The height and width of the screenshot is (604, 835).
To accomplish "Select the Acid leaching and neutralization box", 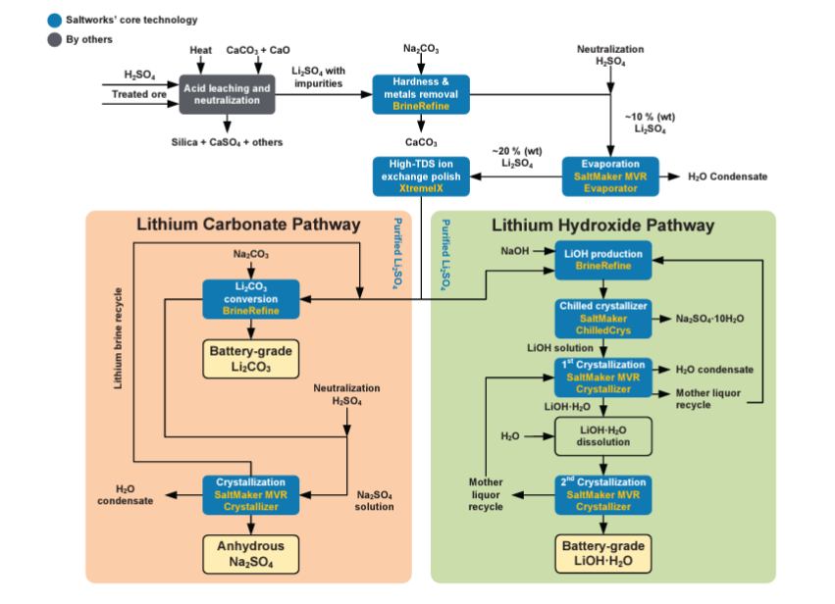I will [x=227, y=94].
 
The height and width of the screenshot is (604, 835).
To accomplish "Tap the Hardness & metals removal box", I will [x=421, y=94].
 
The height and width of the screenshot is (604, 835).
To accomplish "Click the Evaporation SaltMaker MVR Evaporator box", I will [x=611, y=175].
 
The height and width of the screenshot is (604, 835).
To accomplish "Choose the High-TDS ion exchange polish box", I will [x=421, y=176].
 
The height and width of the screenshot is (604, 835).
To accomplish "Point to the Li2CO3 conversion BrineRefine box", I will [x=251, y=298].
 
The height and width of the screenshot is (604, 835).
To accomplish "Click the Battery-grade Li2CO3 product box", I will [x=251, y=360].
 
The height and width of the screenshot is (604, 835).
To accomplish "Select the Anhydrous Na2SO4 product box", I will [x=251, y=554].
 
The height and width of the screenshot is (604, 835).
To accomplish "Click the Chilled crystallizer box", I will [x=603, y=318].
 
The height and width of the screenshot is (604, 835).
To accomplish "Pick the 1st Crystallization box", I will [x=603, y=377].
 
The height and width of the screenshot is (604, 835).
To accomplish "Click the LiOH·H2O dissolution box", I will [x=603, y=435].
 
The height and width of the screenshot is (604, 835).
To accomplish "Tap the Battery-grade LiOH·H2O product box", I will [x=603, y=554].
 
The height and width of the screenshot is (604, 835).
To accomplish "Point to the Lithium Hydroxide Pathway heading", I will [x=602, y=226].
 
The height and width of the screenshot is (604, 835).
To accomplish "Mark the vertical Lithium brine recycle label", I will [x=119, y=338].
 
